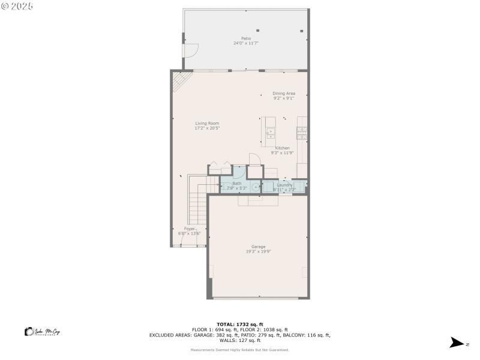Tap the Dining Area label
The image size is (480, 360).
284,93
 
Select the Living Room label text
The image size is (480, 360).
207,123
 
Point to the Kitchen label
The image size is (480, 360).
283,148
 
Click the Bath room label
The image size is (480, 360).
237,183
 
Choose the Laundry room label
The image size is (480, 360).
284,185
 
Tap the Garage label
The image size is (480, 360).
258,247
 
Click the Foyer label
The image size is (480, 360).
190,229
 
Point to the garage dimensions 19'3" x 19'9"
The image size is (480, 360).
258,251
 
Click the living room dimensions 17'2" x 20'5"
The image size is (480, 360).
207,128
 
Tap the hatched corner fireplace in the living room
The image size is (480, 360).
180,79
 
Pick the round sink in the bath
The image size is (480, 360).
256,187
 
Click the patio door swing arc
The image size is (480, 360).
191,55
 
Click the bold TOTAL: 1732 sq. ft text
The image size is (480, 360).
240,324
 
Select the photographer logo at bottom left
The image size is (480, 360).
42,332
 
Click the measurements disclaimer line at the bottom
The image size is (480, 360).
239,350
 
